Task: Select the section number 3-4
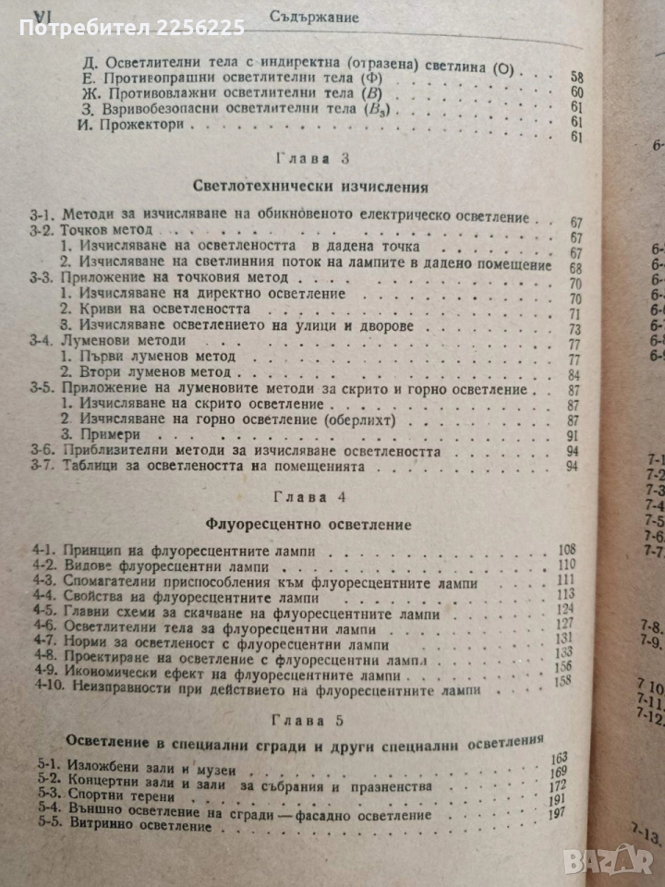[43, 341]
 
